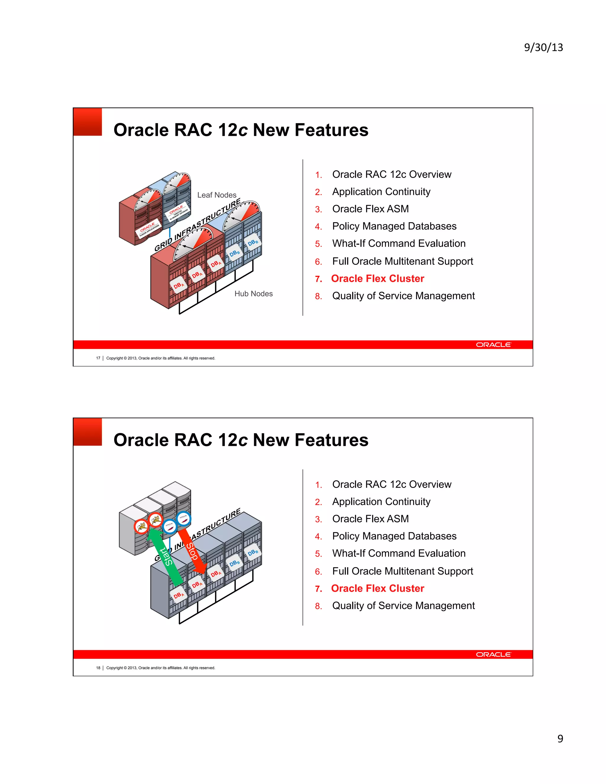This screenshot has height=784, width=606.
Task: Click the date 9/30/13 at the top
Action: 543,47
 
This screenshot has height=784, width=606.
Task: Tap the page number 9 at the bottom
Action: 560,738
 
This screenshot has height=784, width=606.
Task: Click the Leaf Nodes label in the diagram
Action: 217,195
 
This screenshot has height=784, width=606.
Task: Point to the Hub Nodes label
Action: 254,294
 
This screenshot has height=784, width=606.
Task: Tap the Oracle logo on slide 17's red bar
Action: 493,345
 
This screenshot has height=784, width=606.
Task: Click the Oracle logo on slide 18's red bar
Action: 493,654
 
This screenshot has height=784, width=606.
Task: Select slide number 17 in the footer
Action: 98,358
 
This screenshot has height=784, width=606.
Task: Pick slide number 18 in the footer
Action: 98,668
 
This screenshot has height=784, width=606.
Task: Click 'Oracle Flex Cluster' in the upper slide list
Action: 377,279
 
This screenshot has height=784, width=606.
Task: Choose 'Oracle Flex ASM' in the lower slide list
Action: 370,519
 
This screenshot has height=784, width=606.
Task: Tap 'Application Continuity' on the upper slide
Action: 381,192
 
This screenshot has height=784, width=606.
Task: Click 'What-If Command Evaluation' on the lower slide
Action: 399,553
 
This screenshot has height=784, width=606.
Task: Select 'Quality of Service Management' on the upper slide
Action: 403,296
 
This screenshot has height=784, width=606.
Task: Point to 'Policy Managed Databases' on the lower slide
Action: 394,536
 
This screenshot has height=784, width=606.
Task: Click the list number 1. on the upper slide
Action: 318,175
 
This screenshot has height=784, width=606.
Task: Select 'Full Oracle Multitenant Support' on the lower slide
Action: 402,571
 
